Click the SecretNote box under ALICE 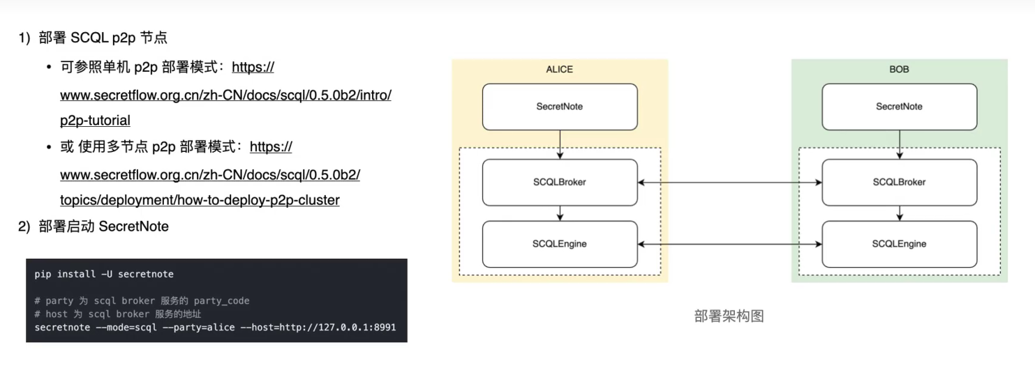coord(560,107)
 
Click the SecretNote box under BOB coord(899,107)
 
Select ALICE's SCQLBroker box coord(560,182)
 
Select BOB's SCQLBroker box coord(899,182)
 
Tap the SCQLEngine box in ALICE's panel coord(560,244)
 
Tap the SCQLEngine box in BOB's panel coord(899,244)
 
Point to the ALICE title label coord(559,69)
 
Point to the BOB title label coord(899,69)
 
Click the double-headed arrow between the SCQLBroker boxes coord(729,183)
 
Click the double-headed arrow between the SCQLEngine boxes coord(729,244)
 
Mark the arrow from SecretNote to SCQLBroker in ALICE coord(560,144)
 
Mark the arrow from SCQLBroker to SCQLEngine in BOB coord(899,213)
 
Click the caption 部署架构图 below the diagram coord(729,316)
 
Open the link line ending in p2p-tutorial coord(95,121)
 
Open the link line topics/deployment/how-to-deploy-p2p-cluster coord(200,200)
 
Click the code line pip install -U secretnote coord(104,274)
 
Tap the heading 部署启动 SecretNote coord(104,227)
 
